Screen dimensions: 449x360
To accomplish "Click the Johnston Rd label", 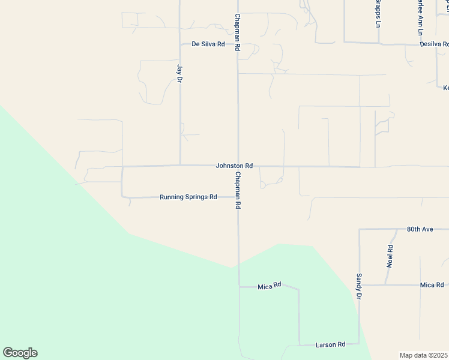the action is [234, 166].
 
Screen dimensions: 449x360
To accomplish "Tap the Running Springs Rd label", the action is [188, 197].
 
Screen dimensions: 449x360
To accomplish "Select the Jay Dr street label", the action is [179, 73].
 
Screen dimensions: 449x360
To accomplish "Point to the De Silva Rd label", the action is [208, 44].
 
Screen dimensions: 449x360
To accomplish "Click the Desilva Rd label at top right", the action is [434, 44].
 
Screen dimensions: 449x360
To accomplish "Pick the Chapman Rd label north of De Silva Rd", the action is [238, 32].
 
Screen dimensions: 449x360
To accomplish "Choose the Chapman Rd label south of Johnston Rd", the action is [238, 190].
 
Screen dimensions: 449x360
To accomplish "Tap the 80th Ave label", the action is [420, 229].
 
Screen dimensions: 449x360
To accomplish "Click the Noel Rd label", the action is [390, 256].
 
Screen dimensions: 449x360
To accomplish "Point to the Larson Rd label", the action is [330, 345].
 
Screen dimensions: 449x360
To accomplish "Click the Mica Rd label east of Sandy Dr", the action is [432, 285].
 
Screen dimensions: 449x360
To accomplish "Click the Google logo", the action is [20, 353].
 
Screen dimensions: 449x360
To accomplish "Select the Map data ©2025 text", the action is [424, 355].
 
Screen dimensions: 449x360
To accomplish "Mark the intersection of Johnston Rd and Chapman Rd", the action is [238, 166].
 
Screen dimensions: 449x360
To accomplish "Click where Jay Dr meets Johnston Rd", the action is [181, 165].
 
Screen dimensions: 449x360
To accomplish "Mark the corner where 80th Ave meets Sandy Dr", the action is [359, 229].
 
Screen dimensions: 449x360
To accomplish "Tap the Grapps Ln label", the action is [378, 14].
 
